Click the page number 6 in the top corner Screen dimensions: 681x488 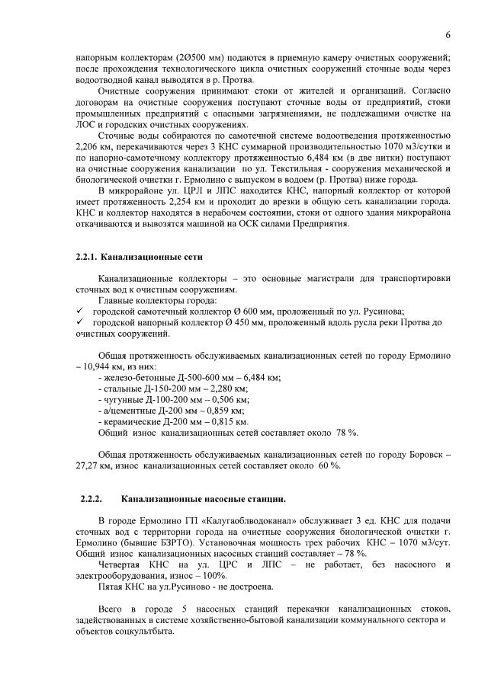point(448,35)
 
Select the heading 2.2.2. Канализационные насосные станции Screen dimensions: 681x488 point(183,499)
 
